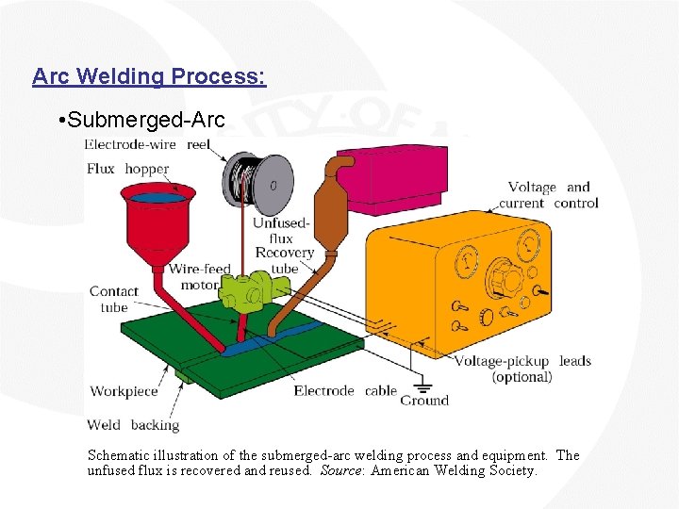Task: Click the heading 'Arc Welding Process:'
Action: [149, 76]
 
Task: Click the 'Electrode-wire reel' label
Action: [147, 144]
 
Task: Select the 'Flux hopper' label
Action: [127, 169]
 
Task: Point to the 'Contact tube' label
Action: [113, 299]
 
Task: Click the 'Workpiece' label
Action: [124, 391]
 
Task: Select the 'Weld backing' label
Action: [132, 424]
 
